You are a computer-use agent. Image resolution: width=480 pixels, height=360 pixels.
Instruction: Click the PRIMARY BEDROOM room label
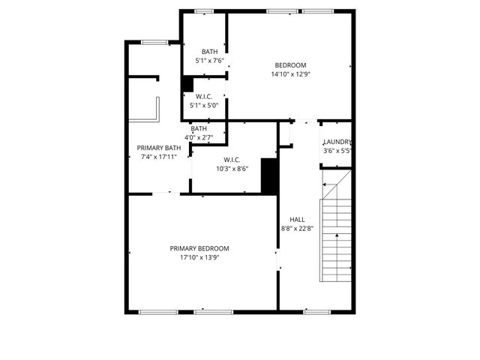pyautogui.click(x=199, y=248)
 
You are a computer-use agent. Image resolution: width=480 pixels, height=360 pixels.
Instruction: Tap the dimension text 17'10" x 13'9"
pyautogui.click(x=199, y=257)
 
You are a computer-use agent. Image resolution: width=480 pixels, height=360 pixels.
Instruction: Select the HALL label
pyautogui.click(x=297, y=219)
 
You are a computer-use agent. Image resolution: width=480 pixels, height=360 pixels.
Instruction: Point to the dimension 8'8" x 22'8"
pyautogui.click(x=297, y=228)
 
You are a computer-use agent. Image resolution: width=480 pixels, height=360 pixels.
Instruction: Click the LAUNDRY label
pyautogui.click(x=337, y=142)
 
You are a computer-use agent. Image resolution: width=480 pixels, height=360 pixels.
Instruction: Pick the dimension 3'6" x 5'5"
pyautogui.click(x=337, y=151)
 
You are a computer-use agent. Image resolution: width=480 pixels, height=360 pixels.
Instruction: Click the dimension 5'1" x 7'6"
pyautogui.click(x=209, y=61)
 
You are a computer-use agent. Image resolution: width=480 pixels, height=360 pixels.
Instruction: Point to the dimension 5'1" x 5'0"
pyautogui.click(x=204, y=106)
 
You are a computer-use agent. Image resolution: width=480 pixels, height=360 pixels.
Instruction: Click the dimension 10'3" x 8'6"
pyautogui.click(x=232, y=169)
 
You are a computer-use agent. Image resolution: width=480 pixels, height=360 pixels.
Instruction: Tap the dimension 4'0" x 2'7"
pyautogui.click(x=199, y=137)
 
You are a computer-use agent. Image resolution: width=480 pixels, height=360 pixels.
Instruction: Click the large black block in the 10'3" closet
pyautogui.click(x=269, y=175)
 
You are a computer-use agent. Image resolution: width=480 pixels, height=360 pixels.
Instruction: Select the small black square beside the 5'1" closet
pyautogui.click(x=187, y=84)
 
